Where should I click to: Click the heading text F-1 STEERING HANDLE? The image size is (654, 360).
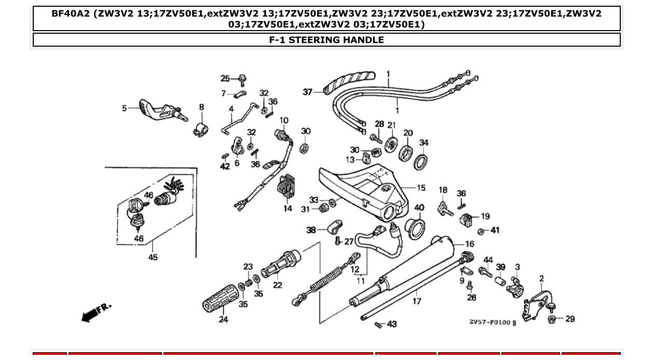click(326, 40)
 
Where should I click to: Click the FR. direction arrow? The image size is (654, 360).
click(96, 311)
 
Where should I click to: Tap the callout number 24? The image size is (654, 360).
click(223, 320)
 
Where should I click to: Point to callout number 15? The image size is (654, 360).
click(421, 188)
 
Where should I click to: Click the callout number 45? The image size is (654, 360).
click(153, 257)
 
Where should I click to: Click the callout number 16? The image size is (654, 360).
click(469, 244)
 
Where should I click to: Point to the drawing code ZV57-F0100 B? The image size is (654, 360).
click(493, 322)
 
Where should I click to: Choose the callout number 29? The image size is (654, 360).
click(570, 319)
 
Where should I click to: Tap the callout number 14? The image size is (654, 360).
click(288, 209)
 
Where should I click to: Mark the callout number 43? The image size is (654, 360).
click(392, 324)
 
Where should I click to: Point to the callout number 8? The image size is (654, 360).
click(201, 107)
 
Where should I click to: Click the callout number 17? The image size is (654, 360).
click(417, 301)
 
